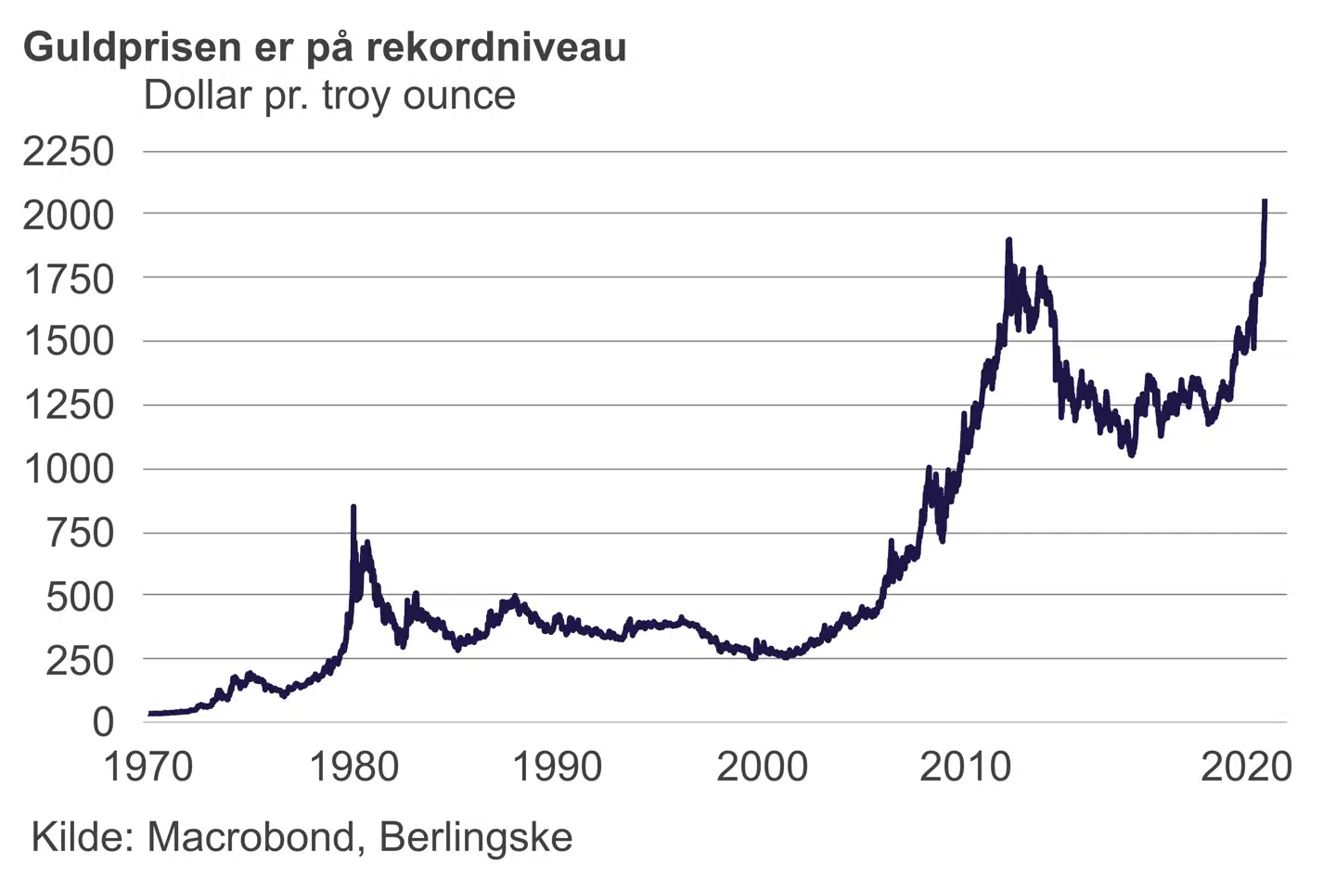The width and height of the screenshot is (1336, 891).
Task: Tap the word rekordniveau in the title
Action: [496, 46]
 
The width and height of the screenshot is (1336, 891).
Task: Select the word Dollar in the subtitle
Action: [198, 96]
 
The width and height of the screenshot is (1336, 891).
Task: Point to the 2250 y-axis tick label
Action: [68, 151]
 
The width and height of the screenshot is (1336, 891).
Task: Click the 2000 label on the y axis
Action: [68, 215]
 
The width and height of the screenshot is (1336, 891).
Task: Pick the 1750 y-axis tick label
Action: [68, 278]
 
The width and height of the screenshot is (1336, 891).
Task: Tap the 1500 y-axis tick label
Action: [68, 342]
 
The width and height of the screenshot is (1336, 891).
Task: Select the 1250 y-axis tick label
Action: [68, 406]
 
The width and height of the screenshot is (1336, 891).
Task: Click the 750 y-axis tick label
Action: [80, 533]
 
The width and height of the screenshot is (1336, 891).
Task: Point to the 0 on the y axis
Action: [102, 722]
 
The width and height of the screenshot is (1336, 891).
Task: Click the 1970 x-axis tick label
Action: [148, 768]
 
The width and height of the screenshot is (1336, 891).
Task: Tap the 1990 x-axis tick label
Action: [557, 768]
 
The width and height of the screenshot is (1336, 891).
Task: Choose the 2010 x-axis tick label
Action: [965, 768]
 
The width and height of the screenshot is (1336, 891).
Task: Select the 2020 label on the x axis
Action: [1246, 768]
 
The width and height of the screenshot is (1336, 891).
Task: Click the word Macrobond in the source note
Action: [251, 837]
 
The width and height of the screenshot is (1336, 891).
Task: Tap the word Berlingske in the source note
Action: [476, 837]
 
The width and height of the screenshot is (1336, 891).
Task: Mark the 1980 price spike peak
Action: [353, 508]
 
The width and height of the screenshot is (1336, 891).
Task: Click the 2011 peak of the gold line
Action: [1008, 240]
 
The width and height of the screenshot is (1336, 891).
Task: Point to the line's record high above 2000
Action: [1265, 201]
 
